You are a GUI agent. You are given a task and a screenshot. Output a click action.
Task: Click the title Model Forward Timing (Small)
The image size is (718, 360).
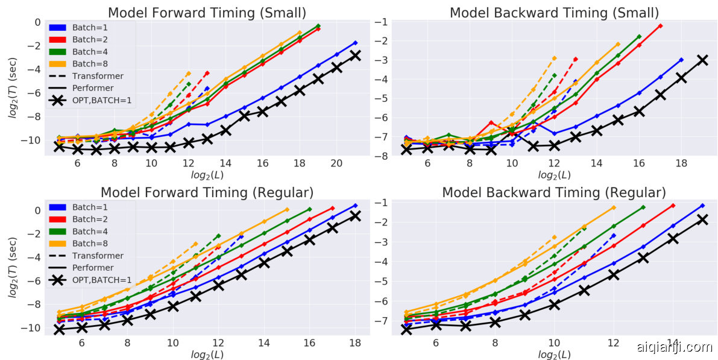206,13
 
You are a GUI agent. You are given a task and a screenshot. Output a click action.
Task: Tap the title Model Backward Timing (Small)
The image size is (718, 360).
554,13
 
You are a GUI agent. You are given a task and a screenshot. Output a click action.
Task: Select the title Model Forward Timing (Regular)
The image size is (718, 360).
206,192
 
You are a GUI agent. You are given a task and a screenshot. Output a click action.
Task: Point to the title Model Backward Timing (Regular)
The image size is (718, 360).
554,192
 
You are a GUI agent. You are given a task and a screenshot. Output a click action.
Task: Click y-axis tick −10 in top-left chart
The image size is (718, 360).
30,140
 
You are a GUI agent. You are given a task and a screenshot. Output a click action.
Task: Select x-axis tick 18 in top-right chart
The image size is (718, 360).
681,163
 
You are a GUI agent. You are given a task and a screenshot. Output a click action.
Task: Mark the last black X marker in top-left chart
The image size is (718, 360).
355,55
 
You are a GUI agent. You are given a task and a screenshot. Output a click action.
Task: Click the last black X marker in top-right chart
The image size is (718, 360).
702,60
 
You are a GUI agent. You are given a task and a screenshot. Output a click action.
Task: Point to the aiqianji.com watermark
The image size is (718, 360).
675,347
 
